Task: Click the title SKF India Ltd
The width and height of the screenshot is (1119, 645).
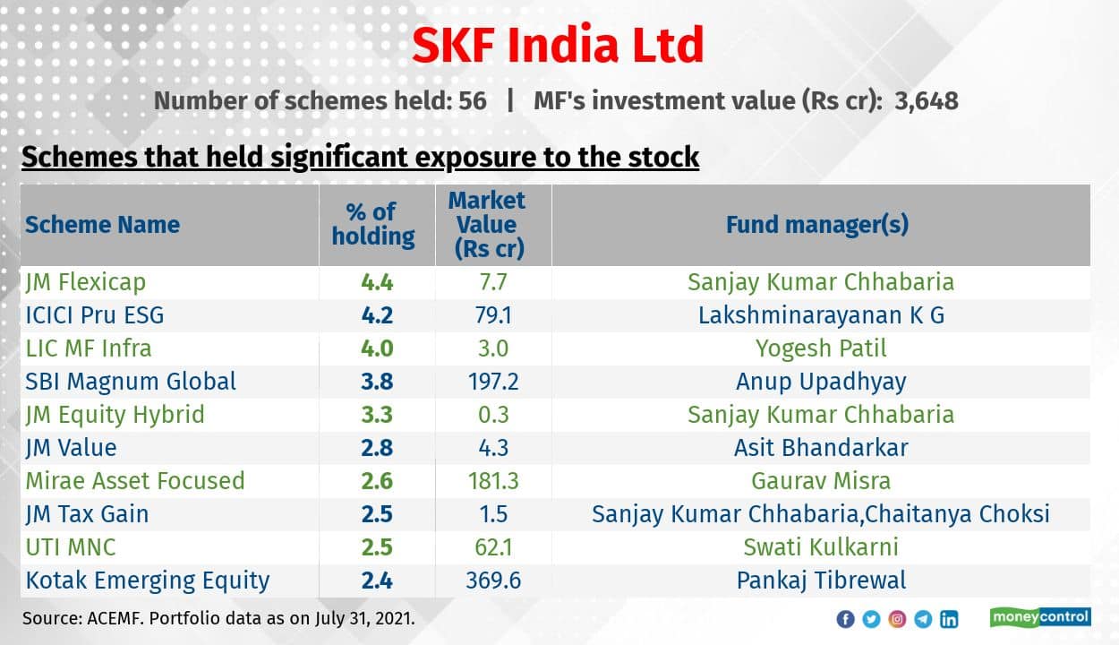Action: point(558,45)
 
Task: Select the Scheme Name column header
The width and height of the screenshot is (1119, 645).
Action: point(102,225)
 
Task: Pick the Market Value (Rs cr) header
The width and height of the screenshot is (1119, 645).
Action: point(487,225)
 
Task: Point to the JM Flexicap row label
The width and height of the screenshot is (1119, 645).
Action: point(85,282)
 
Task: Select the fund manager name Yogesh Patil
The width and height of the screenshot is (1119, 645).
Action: point(821,348)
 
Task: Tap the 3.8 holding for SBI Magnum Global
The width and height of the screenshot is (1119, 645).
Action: point(377,382)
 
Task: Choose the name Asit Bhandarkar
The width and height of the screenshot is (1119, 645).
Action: point(821,448)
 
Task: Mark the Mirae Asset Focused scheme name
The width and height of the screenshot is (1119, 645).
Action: point(134,481)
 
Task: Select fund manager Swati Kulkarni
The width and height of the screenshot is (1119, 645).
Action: point(821,547)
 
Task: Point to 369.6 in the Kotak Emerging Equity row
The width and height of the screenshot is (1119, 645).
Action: point(493,580)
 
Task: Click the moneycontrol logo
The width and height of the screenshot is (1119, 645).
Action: point(1039,617)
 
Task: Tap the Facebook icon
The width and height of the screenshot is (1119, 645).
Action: point(844,619)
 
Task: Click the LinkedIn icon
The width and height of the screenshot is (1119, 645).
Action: point(949,619)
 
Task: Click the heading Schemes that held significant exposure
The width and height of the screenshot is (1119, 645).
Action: point(360,158)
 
